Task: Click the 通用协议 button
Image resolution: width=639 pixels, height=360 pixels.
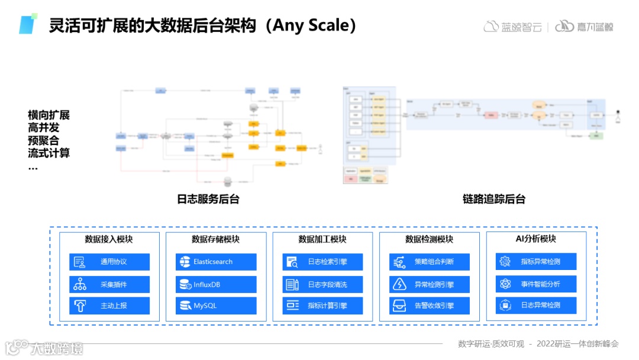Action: [109, 262]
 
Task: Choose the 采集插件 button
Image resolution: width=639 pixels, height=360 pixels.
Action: [109, 284]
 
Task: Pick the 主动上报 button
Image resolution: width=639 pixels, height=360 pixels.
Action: [109, 306]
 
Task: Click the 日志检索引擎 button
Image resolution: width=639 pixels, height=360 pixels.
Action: [322, 262]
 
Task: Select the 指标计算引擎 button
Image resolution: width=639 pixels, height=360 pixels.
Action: [322, 306]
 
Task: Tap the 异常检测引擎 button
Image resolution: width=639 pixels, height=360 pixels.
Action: [430, 284]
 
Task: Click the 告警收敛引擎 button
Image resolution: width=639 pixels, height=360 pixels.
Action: [430, 306]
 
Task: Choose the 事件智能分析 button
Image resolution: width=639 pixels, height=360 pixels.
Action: [536, 284]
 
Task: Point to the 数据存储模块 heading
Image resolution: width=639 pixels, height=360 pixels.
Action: [216, 239]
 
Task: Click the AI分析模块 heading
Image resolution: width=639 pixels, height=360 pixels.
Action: [536, 239]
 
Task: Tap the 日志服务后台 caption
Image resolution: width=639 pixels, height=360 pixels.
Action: [208, 199]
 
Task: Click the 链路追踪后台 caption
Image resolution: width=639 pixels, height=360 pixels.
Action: [494, 199]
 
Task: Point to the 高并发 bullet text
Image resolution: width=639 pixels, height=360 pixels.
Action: [44, 127]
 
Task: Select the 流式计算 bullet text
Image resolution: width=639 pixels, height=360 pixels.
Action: [49, 153]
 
